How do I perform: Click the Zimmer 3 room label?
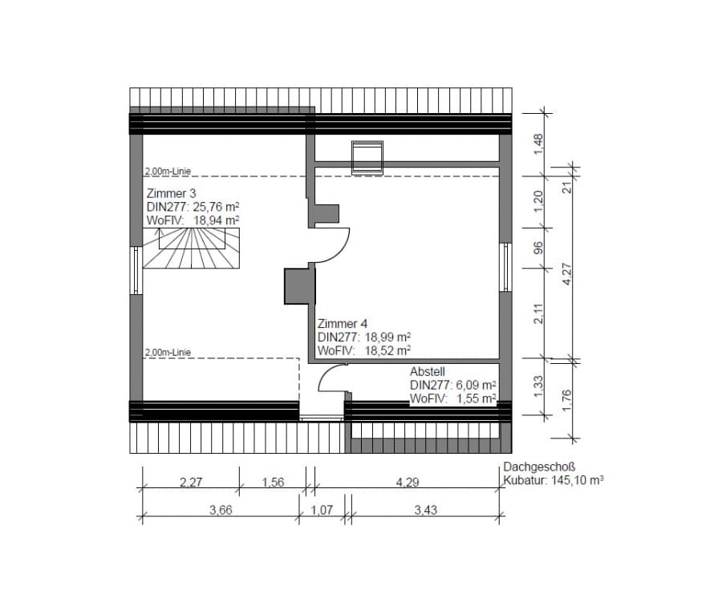point(172,193)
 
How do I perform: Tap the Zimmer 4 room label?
point(343,324)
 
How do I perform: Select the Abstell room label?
point(428,371)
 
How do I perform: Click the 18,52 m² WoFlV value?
point(387,350)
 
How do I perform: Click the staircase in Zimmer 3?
point(191,248)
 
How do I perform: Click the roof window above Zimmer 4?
point(367,158)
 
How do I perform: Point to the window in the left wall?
point(136,270)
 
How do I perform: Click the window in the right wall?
point(505,267)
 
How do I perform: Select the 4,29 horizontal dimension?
point(408,483)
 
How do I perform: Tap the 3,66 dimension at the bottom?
point(221,510)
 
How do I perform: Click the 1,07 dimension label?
point(322,510)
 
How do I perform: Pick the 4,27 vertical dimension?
point(567,274)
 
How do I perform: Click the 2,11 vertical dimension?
point(538,313)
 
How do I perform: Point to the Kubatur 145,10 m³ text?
point(553,480)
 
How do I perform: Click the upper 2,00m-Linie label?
point(168,172)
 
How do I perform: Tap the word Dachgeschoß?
point(539,467)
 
